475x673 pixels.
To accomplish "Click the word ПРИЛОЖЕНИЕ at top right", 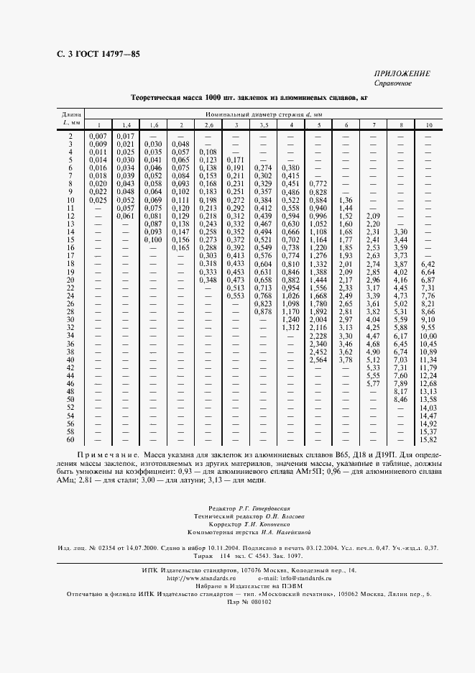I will pos(402,74).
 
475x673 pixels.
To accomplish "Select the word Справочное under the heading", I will pos(392,83).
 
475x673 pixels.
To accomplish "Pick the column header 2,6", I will pos(208,126).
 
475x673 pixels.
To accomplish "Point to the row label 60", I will pos(70,439).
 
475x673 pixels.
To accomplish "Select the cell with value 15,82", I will pos(429,439).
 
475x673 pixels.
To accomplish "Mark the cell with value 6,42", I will pos(429,265).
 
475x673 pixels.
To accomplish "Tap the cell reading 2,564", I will pos(318,360).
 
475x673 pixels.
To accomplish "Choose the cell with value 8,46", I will pos(401,399).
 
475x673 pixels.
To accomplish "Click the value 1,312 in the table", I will pos(290,327).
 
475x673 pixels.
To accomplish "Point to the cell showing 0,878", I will pos(263,312).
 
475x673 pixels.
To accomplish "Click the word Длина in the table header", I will pos(70,115).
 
